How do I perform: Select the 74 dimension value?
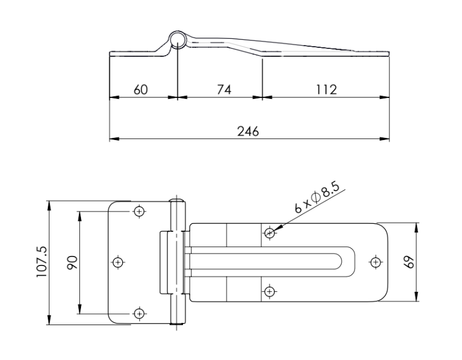coord(224,89)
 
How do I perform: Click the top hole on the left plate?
coord(139,211)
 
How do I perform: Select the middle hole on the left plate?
coord(118,262)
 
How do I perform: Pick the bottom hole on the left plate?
coord(139,313)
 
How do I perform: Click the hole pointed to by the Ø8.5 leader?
coord(270,232)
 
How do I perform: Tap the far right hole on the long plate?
coord(376,262)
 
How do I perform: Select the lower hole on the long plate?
coord(270,291)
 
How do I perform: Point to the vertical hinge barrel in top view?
coord(178,262)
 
